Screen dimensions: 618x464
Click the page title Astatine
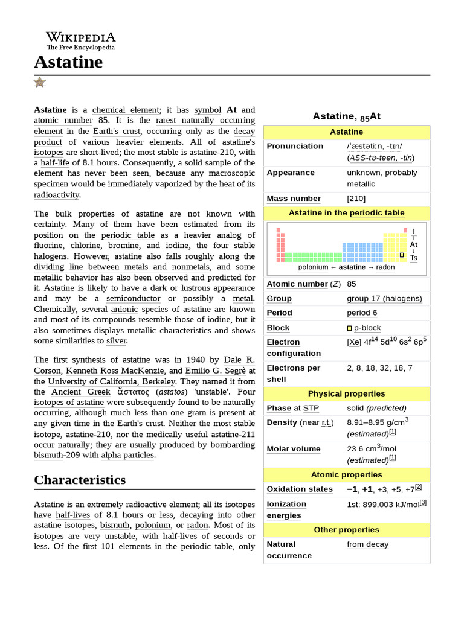[68, 62]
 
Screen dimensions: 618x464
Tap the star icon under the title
[40, 82]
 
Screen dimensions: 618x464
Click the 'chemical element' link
[126, 110]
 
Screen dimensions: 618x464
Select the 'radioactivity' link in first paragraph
[57, 194]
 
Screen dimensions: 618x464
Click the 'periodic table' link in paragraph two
[127, 235]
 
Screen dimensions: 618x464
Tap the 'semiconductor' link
[134, 298]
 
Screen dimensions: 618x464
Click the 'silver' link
[116, 340]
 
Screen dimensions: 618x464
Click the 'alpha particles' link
[127, 454]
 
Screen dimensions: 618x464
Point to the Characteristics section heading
[80, 480]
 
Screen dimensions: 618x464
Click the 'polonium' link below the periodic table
[313, 267]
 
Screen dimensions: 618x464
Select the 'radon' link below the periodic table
[385, 267]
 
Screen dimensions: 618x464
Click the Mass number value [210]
[356, 199]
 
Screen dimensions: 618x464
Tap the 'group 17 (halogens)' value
[384, 298]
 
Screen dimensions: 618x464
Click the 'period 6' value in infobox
[362, 313]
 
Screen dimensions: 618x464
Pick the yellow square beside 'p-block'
[349, 328]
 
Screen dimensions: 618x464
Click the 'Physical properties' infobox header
[346, 393]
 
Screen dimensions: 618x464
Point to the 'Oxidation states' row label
[300, 489]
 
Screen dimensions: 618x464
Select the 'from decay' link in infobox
[367, 544]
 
